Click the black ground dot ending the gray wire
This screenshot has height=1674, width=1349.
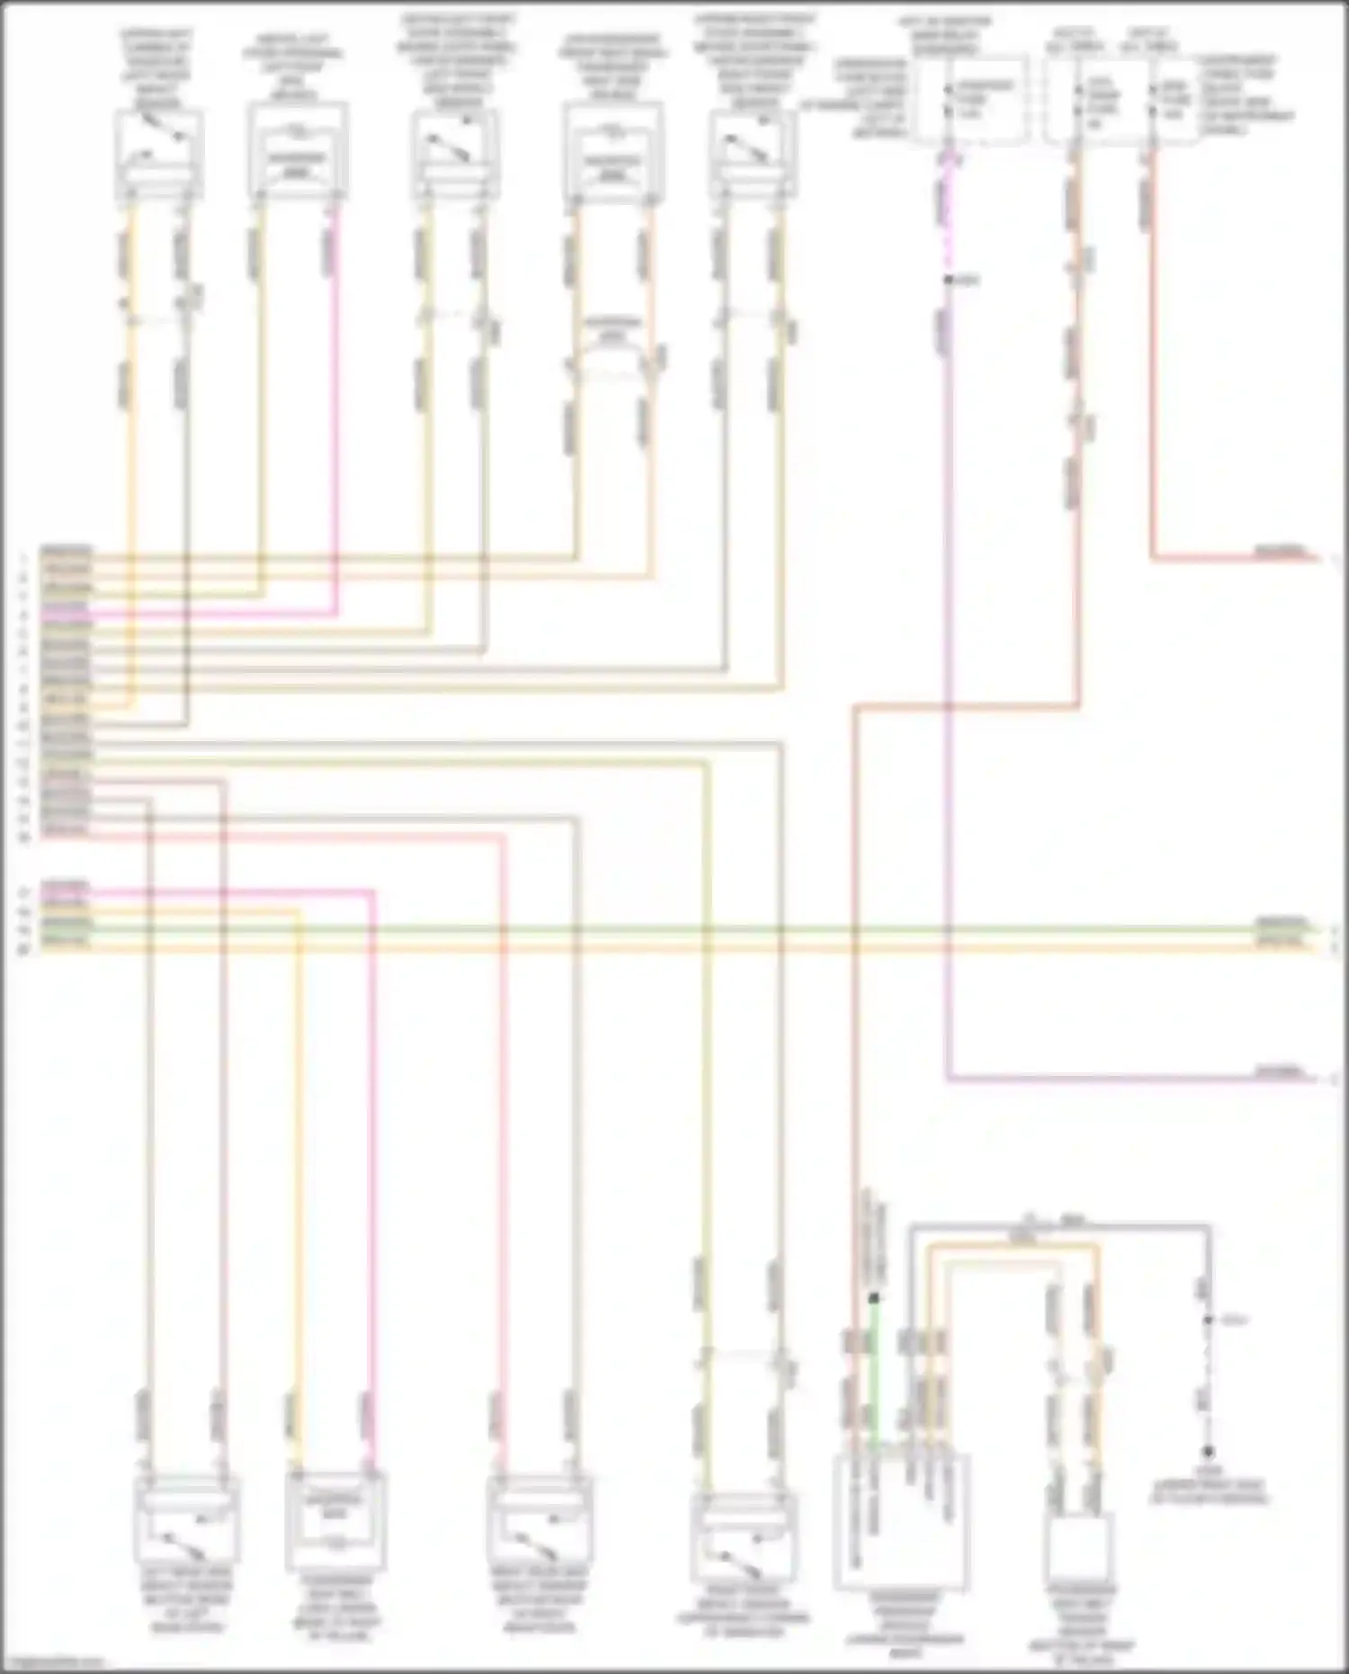tap(1209, 1451)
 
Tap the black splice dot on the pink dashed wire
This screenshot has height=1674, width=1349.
tap(947, 281)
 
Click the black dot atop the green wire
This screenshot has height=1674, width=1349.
tap(872, 1298)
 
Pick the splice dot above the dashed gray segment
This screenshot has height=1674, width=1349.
tap(1209, 1320)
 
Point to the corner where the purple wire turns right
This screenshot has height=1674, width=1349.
tap(949, 1078)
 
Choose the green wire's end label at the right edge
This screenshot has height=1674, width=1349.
tap(1281, 924)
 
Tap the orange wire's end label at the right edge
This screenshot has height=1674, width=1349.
tap(1281, 942)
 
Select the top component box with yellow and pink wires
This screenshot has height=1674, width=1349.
tap(298, 151)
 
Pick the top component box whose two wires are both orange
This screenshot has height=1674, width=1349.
tap(612, 153)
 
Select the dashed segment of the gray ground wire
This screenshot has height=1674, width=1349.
tap(1209, 1358)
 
